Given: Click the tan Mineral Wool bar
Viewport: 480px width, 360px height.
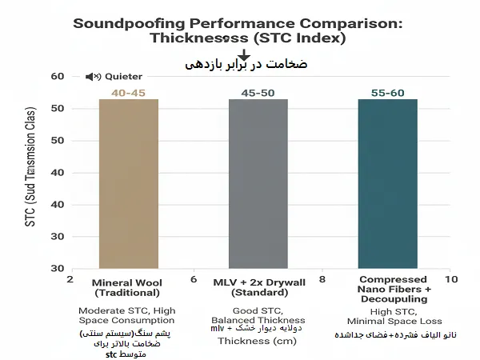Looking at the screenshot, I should [x=128, y=184].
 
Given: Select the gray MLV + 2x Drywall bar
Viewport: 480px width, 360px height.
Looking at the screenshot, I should [x=258, y=184].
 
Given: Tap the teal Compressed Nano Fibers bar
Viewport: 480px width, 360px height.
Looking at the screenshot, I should [x=388, y=184].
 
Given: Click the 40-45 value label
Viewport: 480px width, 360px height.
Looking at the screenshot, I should [x=128, y=94].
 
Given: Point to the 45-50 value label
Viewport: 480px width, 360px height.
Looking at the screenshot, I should [x=258, y=94].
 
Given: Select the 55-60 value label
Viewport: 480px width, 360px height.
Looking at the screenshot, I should [x=388, y=94].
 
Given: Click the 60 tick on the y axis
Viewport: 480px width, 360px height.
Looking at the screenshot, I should [x=57, y=77].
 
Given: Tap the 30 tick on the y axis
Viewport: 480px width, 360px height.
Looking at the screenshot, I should [x=57, y=268].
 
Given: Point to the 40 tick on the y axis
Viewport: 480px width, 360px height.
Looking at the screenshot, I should [x=57, y=204].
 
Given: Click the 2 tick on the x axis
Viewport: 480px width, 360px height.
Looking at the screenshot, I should [x=70, y=280].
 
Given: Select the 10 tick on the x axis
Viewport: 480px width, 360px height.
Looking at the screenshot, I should [x=451, y=280].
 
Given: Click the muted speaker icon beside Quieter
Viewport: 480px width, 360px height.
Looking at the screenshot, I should [x=93, y=77].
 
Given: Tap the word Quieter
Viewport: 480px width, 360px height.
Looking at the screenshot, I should [x=123, y=77].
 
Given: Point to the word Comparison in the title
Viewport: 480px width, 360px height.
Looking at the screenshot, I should [x=342, y=23].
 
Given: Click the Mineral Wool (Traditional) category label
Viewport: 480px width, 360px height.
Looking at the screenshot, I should [x=128, y=288].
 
